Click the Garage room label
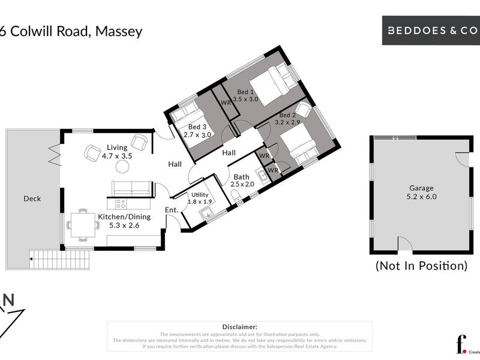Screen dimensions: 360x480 pos(421,187)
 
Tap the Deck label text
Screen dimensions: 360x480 pos(32,199)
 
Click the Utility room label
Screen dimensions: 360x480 pos(199,195)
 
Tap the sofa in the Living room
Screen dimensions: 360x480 pos(132,188)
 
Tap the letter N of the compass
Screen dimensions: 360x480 pos(9,299)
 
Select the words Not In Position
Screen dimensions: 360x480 pos(421,265)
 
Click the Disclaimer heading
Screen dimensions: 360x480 pos(239,326)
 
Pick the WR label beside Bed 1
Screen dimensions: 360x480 pos(226,103)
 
